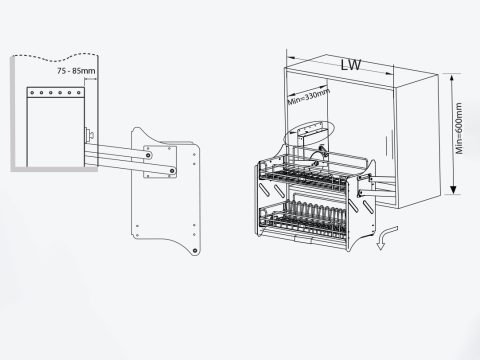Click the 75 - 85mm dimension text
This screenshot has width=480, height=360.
coord(76,71)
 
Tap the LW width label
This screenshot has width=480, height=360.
coord(351,65)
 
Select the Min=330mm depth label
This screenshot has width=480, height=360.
coord(309,97)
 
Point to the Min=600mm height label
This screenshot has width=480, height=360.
coord(459,128)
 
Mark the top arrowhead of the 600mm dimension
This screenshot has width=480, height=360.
coord(452,78)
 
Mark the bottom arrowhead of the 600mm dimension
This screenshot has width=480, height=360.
coord(453,190)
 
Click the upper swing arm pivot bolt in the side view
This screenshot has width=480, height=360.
coord(149,155)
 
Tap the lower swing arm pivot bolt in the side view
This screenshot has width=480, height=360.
coord(172,171)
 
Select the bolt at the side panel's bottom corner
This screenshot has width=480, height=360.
coord(195,251)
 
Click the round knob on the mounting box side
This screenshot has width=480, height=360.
coord(90,134)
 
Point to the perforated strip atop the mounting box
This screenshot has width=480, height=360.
coord(56,92)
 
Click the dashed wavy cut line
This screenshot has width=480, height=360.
coord(55,57)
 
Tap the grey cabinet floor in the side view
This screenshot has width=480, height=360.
coord(54,169)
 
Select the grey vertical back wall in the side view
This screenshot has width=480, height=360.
coord(13,113)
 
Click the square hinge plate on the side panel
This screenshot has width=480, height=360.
coord(160,162)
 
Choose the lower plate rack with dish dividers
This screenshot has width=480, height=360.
coord(302,218)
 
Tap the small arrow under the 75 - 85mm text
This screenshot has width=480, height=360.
coord(91,79)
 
